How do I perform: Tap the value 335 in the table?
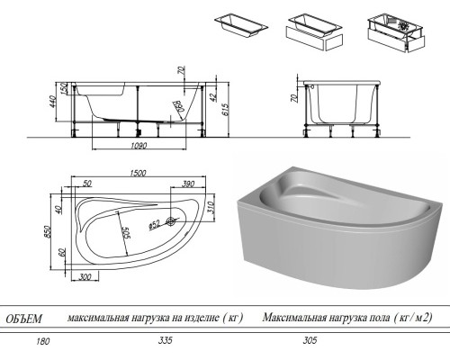click(164, 341)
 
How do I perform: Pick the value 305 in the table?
click(311, 341)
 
